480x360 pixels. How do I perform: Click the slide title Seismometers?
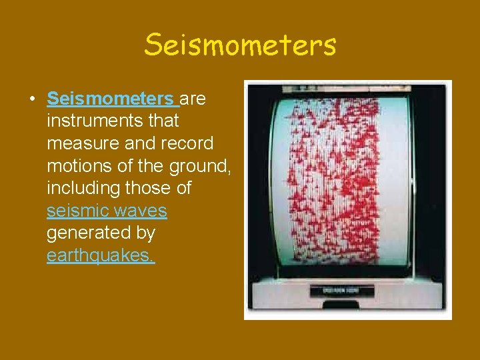pos(240,45)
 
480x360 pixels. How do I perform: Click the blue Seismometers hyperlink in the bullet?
pos(110,99)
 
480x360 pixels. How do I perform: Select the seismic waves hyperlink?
pos(107,211)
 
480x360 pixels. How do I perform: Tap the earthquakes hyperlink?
pos(101,257)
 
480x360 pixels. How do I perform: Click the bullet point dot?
pos(32,100)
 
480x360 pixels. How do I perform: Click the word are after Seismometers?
pos(193,99)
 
